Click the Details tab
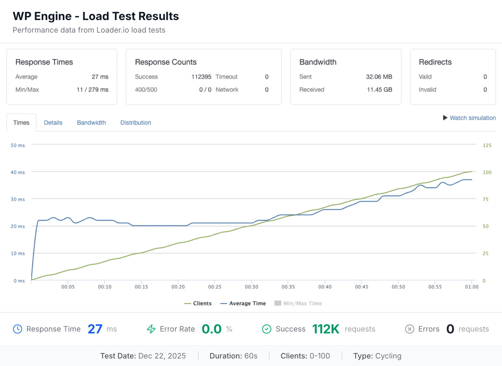coord(53,123)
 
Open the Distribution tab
coord(136,123)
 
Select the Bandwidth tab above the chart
coord(91,123)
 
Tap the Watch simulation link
coord(473,118)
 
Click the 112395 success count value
coord(201,77)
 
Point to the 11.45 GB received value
coord(379,90)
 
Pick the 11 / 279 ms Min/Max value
coord(92,90)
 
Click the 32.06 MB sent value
coord(379,77)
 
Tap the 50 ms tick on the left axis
coord(18,145)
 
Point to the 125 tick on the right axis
coord(487,145)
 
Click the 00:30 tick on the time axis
coord(251,287)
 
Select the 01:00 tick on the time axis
coord(472,287)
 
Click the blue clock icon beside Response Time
coord(18,329)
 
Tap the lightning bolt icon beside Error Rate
coord(151,329)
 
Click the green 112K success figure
coord(326,329)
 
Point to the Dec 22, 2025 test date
coord(162,356)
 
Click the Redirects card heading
coord(435,62)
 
